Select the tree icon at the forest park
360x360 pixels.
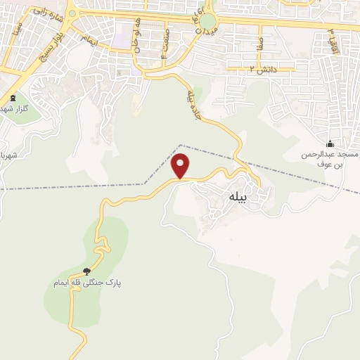click(x=86, y=271)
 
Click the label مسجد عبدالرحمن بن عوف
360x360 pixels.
click(x=330, y=158)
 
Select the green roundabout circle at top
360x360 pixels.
click(x=207, y=22)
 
